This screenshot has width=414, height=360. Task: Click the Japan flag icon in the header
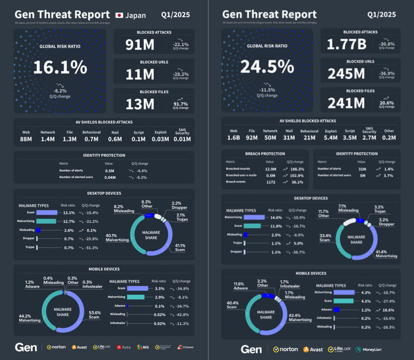coord(119,16)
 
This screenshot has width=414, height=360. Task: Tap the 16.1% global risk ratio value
coord(61,67)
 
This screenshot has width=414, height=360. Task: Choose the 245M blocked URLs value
coord(346,75)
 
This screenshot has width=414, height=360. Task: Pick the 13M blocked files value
coord(140,104)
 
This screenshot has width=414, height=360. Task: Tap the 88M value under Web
coord(27,139)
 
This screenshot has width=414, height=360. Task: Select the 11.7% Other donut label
coord(323,213)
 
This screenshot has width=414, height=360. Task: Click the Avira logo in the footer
coord(123,347)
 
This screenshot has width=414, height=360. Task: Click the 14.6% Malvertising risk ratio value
coord(274,218)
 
